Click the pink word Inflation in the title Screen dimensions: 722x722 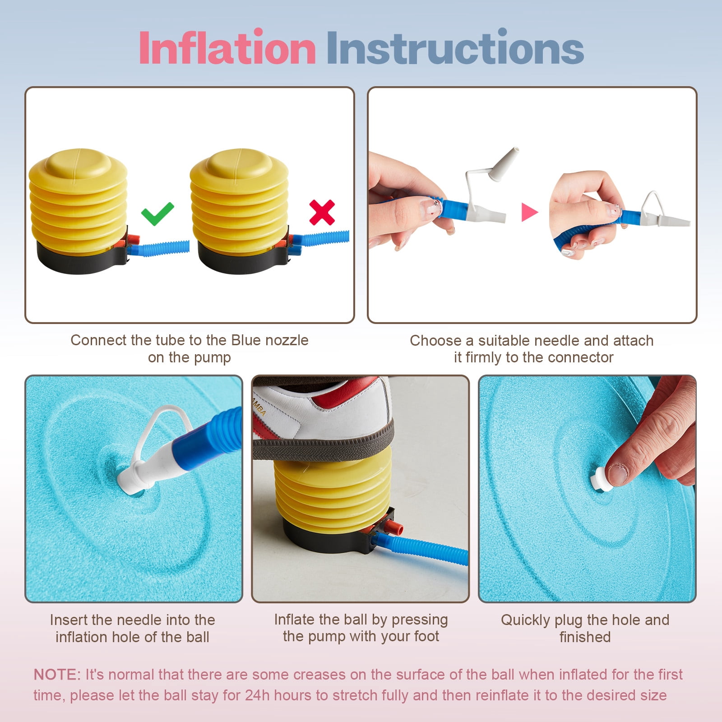click(227, 47)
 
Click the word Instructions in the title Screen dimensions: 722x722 click(455, 47)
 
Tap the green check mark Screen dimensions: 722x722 click(157, 213)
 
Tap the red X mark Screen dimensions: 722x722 click(322, 212)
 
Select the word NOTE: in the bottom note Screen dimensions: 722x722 click(57, 674)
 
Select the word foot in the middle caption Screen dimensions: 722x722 click(426, 636)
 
